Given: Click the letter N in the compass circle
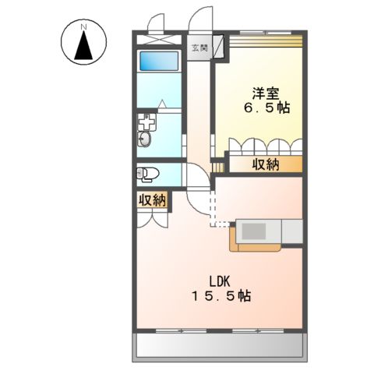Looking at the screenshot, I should [83, 28].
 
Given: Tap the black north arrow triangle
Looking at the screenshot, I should [83, 48].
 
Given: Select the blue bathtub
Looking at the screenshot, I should [160, 62].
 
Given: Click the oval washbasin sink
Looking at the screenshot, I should [146, 139].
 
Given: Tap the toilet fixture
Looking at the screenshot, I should [149, 173].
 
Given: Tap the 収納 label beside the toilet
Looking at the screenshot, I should [153, 200].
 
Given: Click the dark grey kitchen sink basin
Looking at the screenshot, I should [255, 231].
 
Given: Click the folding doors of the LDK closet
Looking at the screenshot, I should [153, 217].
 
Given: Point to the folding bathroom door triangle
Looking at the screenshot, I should [161, 103].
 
